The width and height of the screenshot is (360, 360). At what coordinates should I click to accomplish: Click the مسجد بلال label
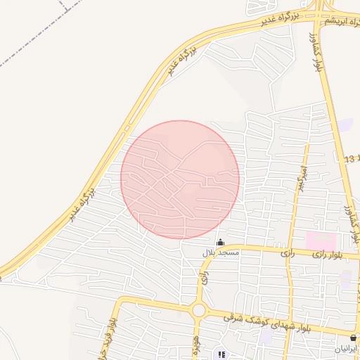(x=221, y=252)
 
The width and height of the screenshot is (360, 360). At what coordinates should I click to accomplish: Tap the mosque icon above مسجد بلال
(x=221, y=243)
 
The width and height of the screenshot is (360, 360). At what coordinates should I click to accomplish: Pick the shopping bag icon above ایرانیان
(x=353, y=338)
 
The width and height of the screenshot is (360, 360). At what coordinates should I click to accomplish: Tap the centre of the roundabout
(x=198, y=310)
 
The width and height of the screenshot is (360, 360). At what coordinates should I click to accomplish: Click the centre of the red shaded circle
(x=180, y=179)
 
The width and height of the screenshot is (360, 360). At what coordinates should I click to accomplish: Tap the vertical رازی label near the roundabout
(x=205, y=278)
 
